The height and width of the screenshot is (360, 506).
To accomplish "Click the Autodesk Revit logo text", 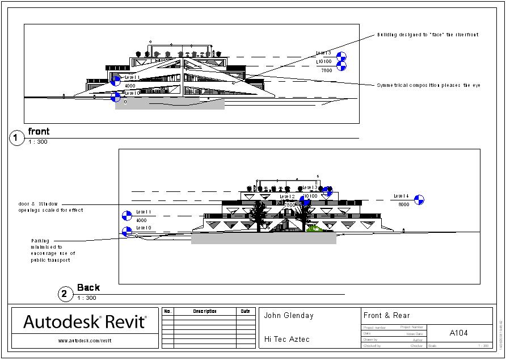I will click(x=85, y=322).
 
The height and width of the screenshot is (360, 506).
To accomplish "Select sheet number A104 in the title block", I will click(x=458, y=333).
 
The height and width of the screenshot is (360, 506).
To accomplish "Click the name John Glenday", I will click(x=289, y=316).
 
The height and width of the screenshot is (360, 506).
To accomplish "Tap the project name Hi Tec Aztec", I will click(x=287, y=339).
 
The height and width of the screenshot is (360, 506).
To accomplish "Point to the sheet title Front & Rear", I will click(x=386, y=316).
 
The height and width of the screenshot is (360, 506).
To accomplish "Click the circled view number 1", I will click(x=17, y=137).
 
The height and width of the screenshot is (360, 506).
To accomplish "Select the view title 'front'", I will click(x=39, y=132).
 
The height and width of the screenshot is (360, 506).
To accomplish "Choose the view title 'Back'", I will click(x=88, y=288).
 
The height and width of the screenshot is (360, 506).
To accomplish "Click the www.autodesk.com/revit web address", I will click(x=84, y=341).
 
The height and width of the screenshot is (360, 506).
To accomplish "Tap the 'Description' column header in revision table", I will click(x=205, y=311).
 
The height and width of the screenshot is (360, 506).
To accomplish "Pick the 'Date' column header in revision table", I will click(x=245, y=311).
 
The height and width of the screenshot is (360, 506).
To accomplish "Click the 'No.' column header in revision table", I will click(x=167, y=311).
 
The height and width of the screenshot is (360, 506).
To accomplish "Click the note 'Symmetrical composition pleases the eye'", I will click(x=428, y=85).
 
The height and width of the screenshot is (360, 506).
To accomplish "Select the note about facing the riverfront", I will click(x=428, y=35).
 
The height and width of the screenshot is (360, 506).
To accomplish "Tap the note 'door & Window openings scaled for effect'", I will click(x=50, y=207).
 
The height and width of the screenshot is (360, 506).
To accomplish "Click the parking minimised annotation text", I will click(x=53, y=250).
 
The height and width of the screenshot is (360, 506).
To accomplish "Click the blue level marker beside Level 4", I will click(x=419, y=199).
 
